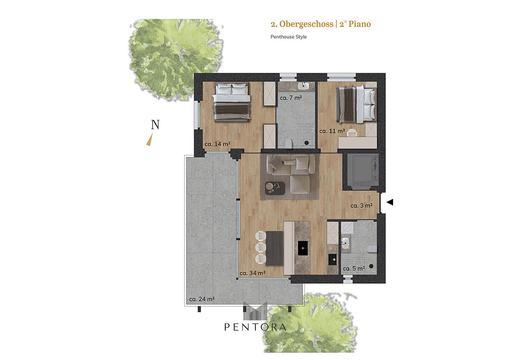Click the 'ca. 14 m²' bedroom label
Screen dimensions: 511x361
click(x=218, y=144)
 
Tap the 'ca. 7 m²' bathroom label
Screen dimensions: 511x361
click(x=290, y=97)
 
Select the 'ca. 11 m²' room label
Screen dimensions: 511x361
click(x=332, y=131)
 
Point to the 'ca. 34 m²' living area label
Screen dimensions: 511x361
click(x=253, y=273)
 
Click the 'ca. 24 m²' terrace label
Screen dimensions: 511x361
click(x=202, y=299)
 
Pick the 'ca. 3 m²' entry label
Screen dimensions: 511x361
click(x=362, y=206)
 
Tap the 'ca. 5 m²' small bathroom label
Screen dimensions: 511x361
click(x=354, y=269)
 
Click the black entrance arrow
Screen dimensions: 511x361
click(x=390, y=202)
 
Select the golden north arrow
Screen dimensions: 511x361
click(x=149, y=140)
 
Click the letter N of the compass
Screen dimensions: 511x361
click(x=155, y=124)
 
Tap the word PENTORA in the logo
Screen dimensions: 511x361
click(x=255, y=327)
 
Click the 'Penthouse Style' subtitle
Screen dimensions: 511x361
click(x=289, y=37)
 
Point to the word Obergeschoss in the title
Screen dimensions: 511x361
click(x=306, y=24)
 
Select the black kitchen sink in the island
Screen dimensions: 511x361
click(x=303, y=248)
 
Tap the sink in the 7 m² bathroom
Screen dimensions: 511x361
click(x=303, y=86)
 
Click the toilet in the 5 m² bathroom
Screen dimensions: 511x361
click(x=372, y=249)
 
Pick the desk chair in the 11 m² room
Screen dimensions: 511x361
click(x=352, y=133)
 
